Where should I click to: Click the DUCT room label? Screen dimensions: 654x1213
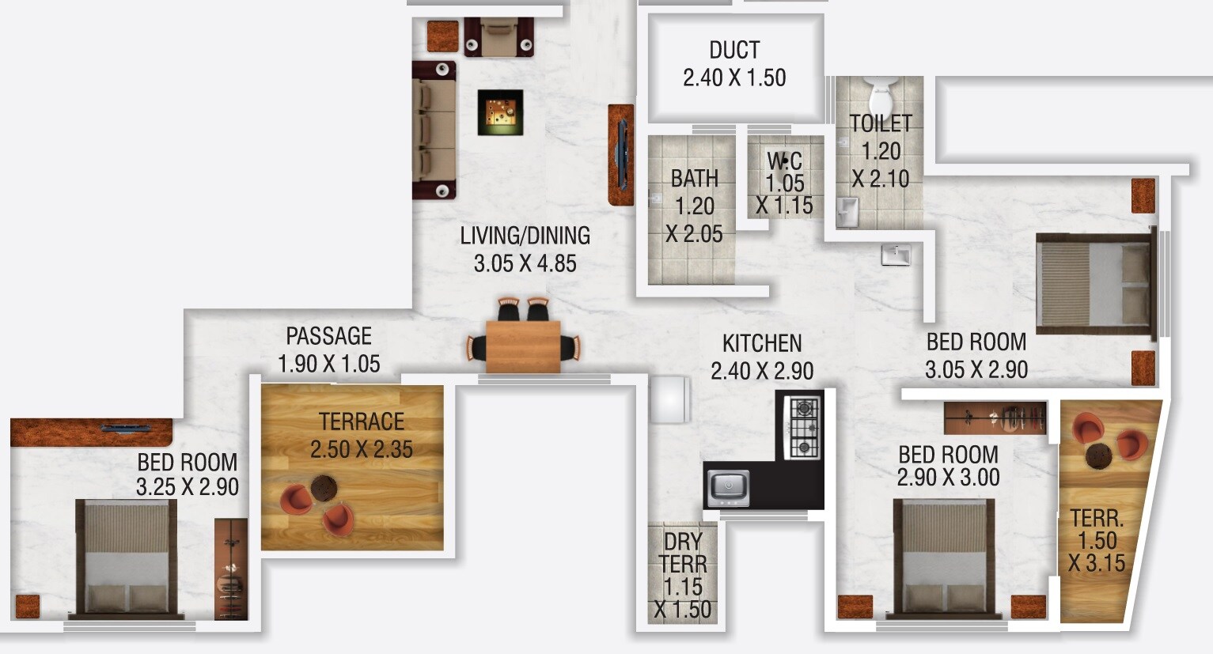734,50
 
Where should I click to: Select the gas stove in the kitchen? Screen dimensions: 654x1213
804,428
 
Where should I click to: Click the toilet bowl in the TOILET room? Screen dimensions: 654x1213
880,98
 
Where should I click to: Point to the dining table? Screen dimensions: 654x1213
523,346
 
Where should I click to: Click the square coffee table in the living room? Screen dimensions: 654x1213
500,112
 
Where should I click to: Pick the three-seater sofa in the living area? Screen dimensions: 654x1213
434,130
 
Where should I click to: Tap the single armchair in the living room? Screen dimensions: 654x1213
498,37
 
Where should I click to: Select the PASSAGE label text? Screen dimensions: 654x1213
328,336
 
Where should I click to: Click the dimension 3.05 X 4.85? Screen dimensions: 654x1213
525,263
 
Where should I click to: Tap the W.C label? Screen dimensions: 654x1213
784,161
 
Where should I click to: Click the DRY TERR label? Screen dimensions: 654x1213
683,553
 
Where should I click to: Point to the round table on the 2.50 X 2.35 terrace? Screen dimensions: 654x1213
322,488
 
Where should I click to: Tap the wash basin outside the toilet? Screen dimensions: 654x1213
896,255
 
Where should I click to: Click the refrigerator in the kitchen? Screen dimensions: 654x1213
670,400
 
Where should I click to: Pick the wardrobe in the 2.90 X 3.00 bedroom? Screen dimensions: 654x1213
995,418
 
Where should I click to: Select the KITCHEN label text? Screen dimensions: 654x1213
762,343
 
